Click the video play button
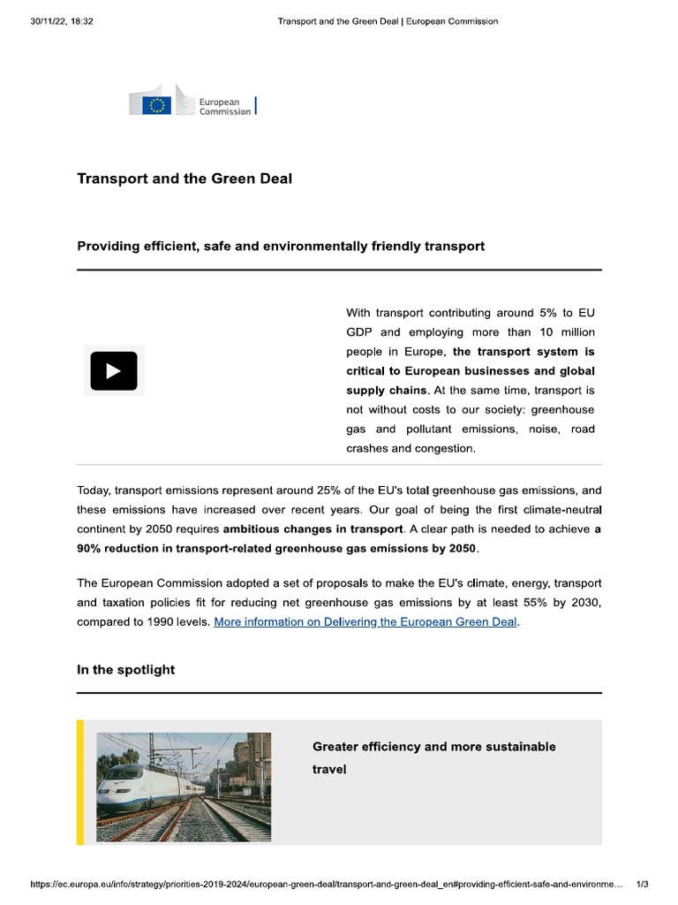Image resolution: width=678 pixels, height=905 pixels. coord(113,370)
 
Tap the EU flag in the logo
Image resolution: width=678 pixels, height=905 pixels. coord(157,105)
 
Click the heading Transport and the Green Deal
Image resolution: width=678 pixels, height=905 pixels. coord(185,179)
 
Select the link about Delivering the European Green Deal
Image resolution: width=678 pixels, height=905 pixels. coord(366,622)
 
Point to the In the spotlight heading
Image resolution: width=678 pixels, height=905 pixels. coord(125,670)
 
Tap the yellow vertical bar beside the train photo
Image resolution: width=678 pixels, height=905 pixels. coord(80,782)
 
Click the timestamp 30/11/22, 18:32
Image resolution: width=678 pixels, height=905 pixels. coord(61,21)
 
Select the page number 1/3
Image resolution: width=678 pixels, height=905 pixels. coord(642,884)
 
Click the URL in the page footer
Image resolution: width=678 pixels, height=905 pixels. coord(327,884)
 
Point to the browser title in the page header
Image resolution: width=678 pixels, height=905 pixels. coord(388,21)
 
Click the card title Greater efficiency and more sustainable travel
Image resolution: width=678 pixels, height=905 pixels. coord(433,757)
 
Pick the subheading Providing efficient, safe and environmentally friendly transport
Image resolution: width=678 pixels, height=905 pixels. coord(281,246)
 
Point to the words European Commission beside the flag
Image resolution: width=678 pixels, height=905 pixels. coord(224,107)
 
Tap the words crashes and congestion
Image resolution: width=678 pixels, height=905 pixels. coord(411,449)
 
